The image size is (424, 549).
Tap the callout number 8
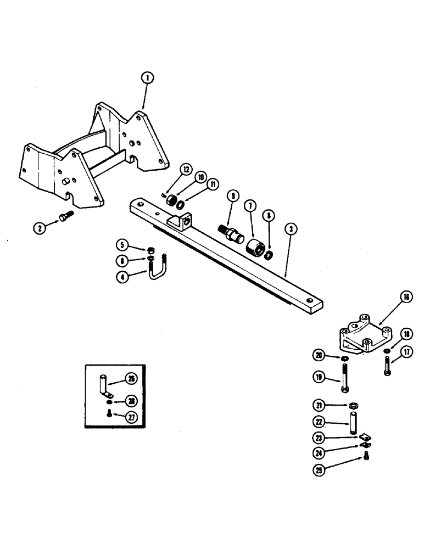[269, 216]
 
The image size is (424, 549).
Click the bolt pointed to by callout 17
[388, 366]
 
